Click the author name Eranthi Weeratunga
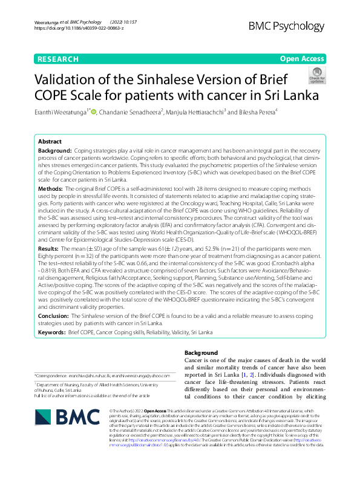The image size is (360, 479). tap(62, 111)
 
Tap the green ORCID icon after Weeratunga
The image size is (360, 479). tap(94, 111)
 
